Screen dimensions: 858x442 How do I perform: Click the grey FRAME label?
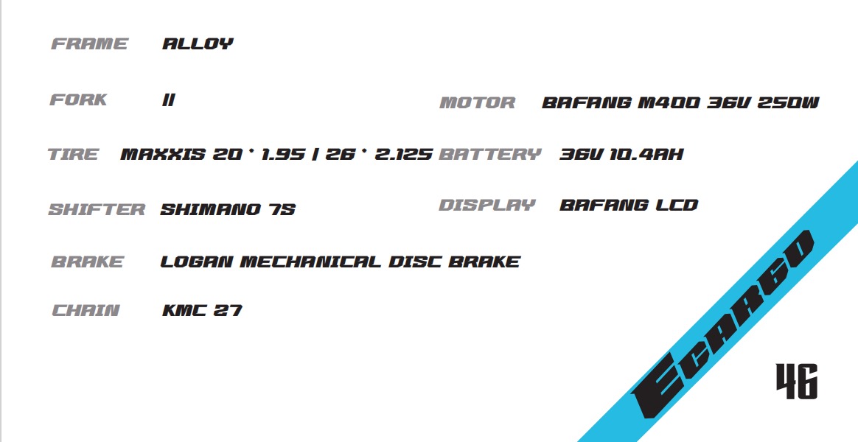click(89, 43)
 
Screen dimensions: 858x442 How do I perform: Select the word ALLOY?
click(198, 43)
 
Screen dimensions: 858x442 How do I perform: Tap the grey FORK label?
click(78, 99)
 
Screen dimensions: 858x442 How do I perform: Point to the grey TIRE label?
click(73, 154)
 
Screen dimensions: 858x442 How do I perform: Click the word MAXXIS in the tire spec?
click(163, 154)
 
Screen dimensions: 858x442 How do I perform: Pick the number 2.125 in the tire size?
click(403, 154)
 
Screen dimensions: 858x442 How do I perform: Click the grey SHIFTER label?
click(97, 209)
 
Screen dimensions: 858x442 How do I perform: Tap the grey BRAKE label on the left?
click(88, 262)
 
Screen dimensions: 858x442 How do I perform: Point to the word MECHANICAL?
click(310, 262)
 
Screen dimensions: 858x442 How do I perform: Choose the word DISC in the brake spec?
click(415, 262)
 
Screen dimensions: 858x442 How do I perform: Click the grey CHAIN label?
click(86, 310)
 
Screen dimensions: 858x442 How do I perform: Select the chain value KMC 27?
click(203, 310)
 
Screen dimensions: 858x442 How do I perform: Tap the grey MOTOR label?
click(478, 102)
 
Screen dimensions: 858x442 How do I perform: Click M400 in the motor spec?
click(669, 102)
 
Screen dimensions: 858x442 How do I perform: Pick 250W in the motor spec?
click(788, 102)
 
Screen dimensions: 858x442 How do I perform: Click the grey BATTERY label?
click(489, 154)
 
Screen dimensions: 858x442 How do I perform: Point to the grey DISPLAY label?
click(487, 205)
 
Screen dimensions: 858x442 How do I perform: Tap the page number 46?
click(797, 382)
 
